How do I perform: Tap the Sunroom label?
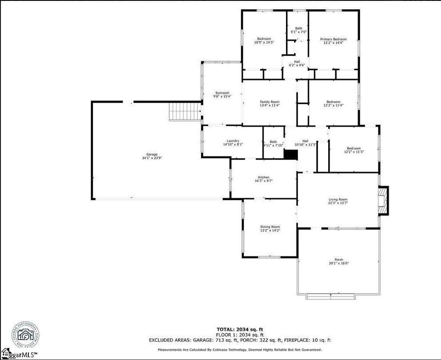[222, 93]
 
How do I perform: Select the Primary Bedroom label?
[333, 40]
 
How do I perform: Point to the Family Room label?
[270, 102]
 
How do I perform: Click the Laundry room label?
[233, 141]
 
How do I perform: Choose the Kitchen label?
[264, 177]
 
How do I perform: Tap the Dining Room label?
[270, 227]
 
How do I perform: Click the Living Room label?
[338, 200]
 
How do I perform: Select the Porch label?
[339, 260]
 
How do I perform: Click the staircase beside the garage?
[185, 111]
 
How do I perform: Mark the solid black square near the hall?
[290, 154]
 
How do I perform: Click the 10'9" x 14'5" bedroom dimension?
[264, 42]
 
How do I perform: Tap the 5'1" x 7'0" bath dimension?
[298, 32]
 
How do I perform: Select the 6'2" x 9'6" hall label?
[297, 63]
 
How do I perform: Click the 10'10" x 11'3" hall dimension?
[306, 144]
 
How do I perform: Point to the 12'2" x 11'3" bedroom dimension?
[354, 152]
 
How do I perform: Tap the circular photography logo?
[25, 334]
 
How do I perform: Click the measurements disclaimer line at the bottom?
[240, 350]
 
